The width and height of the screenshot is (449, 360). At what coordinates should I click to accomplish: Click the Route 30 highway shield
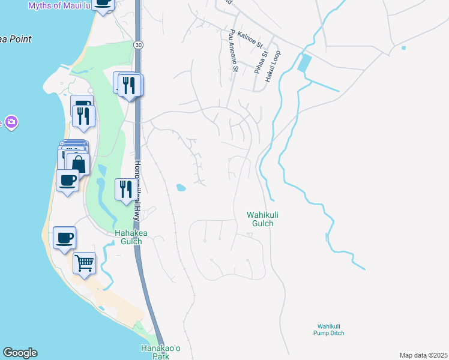[139, 45]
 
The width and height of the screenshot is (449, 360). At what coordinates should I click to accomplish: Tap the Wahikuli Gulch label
[261, 219]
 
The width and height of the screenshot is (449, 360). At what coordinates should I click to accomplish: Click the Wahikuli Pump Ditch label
[328, 329]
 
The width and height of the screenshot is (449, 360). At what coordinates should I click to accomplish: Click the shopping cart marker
[84, 262]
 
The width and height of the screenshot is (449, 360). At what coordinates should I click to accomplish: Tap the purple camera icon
[11, 123]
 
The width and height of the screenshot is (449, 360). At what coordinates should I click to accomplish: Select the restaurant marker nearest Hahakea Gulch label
[125, 189]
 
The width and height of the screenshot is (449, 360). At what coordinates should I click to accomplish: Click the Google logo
[20, 353]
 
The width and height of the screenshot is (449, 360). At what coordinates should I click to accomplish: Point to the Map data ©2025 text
[423, 355]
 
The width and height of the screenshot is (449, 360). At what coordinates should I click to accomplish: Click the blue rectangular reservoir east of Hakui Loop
[304, 63]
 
